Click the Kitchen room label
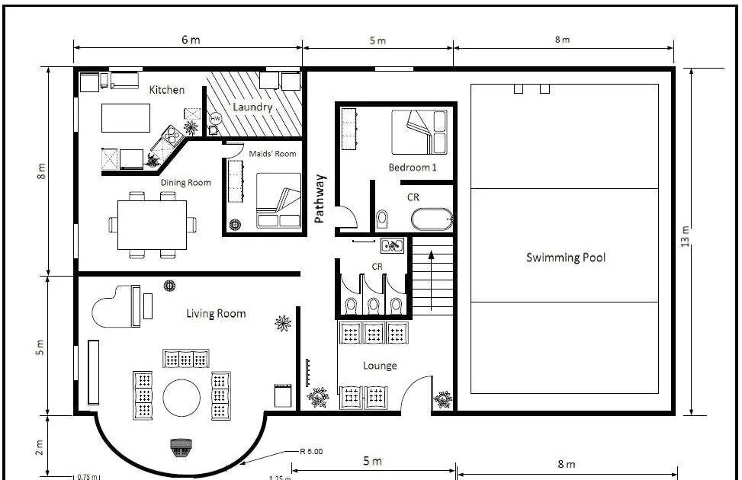tap(166, 89)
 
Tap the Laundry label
tap(252, 107)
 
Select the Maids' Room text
tap(272, 154)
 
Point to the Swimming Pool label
tap(566, 258)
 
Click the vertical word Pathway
tap(320, 199)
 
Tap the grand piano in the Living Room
tap(117, 306)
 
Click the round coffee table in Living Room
tap(181, 398)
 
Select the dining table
tap(152, 225)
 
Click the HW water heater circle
tap(215, 118)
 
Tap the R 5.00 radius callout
tap(311, 451)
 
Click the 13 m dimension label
tap(685, 236)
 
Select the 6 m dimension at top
tap(191, 40)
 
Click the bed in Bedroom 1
tap(419, 133)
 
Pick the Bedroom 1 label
tap(413, 168)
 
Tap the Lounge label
tap(380, 366)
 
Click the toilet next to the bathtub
tap(382, 219)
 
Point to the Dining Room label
tap(185, 183)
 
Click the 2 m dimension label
tap(40, 447)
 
